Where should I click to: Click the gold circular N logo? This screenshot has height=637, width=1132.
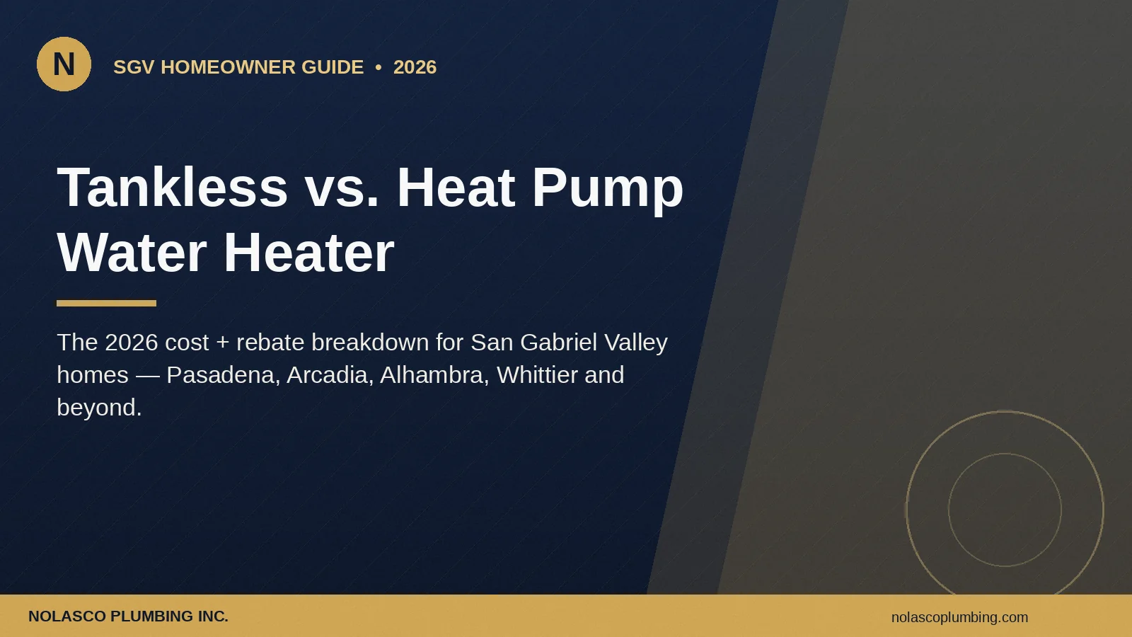pyautogui.click(x=64, y=64)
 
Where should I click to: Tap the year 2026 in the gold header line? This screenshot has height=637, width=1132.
pyautogui.click(x=415, y=67)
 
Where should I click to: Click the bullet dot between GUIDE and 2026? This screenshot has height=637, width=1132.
pyautogui.click(x=379, y=67)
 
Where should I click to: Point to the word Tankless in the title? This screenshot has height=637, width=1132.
pyautogui.click(x=173, y=187)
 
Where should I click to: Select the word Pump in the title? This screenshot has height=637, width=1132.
pyautogui.click(x=608, y=190)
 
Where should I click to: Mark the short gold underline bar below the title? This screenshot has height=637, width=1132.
pyautogui.click(x=107, y=304)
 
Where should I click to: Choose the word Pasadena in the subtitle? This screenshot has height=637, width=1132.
pyautogui.click(x=224, y=375)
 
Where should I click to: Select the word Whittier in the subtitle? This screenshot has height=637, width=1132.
pyautogui.click(x=537, y=375)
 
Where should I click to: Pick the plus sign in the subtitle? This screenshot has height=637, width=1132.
pyautogui.click(x=222, y=343)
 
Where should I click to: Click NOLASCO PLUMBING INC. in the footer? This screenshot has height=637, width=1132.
pyautogui.click(x=128, y=616)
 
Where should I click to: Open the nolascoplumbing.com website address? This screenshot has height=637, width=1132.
pyautogui.click(x=959, y=617)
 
